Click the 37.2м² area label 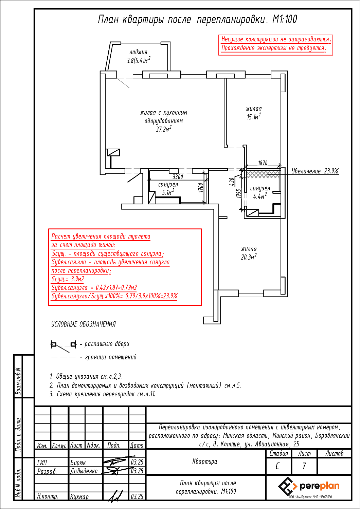tap(163, 129)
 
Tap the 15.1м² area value tap(254, 117)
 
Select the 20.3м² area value tap(249, 257)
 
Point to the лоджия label tap(139, 52)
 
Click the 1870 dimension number tap(263, 163)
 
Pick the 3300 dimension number tap(178, 177)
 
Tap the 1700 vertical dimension tap(201, 188)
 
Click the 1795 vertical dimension tap(238, 194)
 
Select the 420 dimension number tap(232, 182)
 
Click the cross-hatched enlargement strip tap(263, 174)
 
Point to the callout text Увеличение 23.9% tap(315, 171)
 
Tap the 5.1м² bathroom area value tap(168, 192)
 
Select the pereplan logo tap(309, 487)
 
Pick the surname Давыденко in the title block tap(84, 471)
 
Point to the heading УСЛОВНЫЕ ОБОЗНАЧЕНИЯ tap(84, 324)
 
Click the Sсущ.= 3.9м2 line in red tap(68, 279)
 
